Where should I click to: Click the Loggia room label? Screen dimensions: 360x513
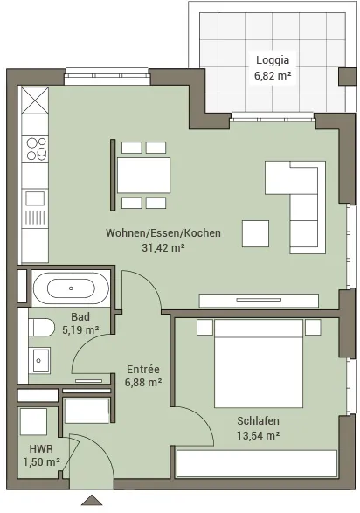point(273,60)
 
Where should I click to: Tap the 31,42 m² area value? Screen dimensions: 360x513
point(163,247)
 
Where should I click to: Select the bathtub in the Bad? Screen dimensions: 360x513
point(71,288)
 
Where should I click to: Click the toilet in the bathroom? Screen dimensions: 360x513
point(41,327)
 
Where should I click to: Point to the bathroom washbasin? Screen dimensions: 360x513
point(39,360)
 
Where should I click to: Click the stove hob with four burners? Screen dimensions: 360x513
point(35,149)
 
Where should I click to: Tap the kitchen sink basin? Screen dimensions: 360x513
point(35,198)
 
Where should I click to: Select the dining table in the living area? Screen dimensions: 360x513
point(143,176)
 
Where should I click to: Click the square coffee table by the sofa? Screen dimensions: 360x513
point(255,233)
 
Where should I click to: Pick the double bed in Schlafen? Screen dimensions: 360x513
point(259,364)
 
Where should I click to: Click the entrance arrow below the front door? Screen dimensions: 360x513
point(92,500)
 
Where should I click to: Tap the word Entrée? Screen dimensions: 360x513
point(143,370)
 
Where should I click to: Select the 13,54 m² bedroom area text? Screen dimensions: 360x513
point(259,435)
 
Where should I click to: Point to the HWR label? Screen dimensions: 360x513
point(41,448)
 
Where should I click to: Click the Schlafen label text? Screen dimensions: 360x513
point(259,420)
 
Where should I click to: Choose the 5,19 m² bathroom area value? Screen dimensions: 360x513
point(80,329)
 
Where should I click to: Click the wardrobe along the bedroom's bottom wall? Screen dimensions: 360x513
point(257,463)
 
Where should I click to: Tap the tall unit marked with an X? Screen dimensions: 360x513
point(35,101)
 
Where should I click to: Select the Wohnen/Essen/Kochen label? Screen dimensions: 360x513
point(163,233)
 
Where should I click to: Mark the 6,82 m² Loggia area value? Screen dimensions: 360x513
point(273,75)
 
